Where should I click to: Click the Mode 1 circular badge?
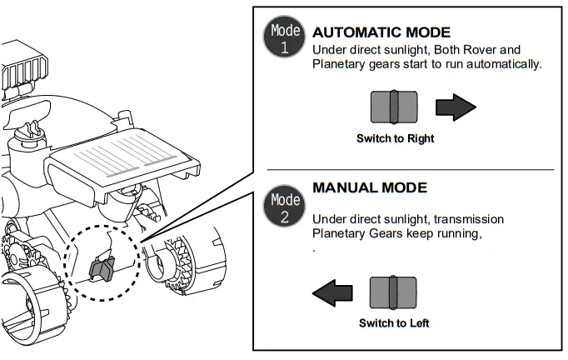click(x=283, y=37)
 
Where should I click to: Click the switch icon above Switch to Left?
click(x=393, y=292)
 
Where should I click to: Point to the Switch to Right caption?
click(x=395, y=138)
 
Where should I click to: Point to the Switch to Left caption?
click(x=394, y=322)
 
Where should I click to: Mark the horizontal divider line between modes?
click(x=409, y=170)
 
